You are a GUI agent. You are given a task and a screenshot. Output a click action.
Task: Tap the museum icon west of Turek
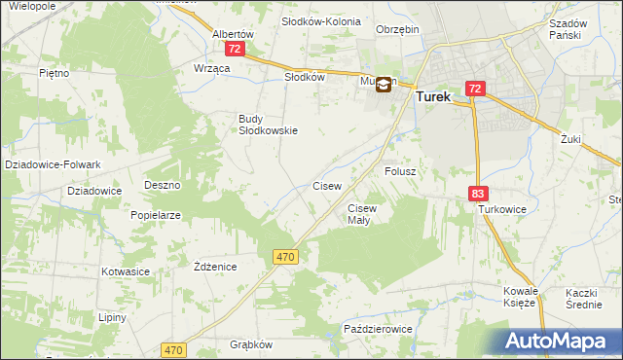point(384,85)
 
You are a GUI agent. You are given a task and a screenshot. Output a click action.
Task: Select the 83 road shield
point(477,195)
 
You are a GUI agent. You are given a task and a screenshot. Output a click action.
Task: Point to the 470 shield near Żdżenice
point(284,256)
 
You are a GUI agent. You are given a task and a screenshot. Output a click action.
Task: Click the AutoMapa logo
point(559,342)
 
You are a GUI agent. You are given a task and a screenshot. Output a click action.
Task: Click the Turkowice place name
point(501,209)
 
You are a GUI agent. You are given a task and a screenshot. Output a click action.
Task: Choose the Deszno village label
point(163,184)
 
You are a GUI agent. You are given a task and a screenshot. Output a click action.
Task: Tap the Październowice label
point(379,330)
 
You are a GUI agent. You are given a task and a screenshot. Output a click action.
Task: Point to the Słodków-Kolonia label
point(320,21)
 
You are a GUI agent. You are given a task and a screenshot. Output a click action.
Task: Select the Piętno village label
point(54,73)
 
